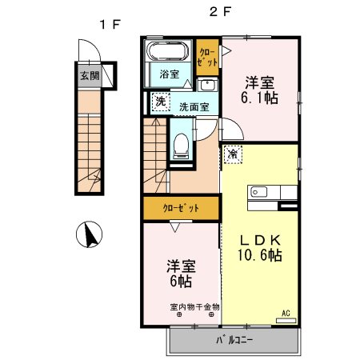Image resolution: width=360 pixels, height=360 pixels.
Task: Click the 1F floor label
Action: (x=110, y=25)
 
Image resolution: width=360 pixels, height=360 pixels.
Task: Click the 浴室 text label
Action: (x=169, y=74)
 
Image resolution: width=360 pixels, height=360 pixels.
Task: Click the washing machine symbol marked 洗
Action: (x=160, y=102)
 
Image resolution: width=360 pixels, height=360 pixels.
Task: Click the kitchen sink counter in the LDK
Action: (x=273, y=192)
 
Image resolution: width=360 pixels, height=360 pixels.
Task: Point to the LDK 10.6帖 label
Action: (x=259, y=246)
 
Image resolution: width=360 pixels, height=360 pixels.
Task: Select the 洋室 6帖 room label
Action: (x=182, y=273)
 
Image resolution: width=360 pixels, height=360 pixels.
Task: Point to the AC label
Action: (x=285, y=313)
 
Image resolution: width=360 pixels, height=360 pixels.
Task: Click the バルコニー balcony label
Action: (x=233, y=340)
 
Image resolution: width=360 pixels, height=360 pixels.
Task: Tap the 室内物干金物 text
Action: (x=195, y=306)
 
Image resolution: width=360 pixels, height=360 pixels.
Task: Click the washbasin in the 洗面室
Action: (x=207, y=85)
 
